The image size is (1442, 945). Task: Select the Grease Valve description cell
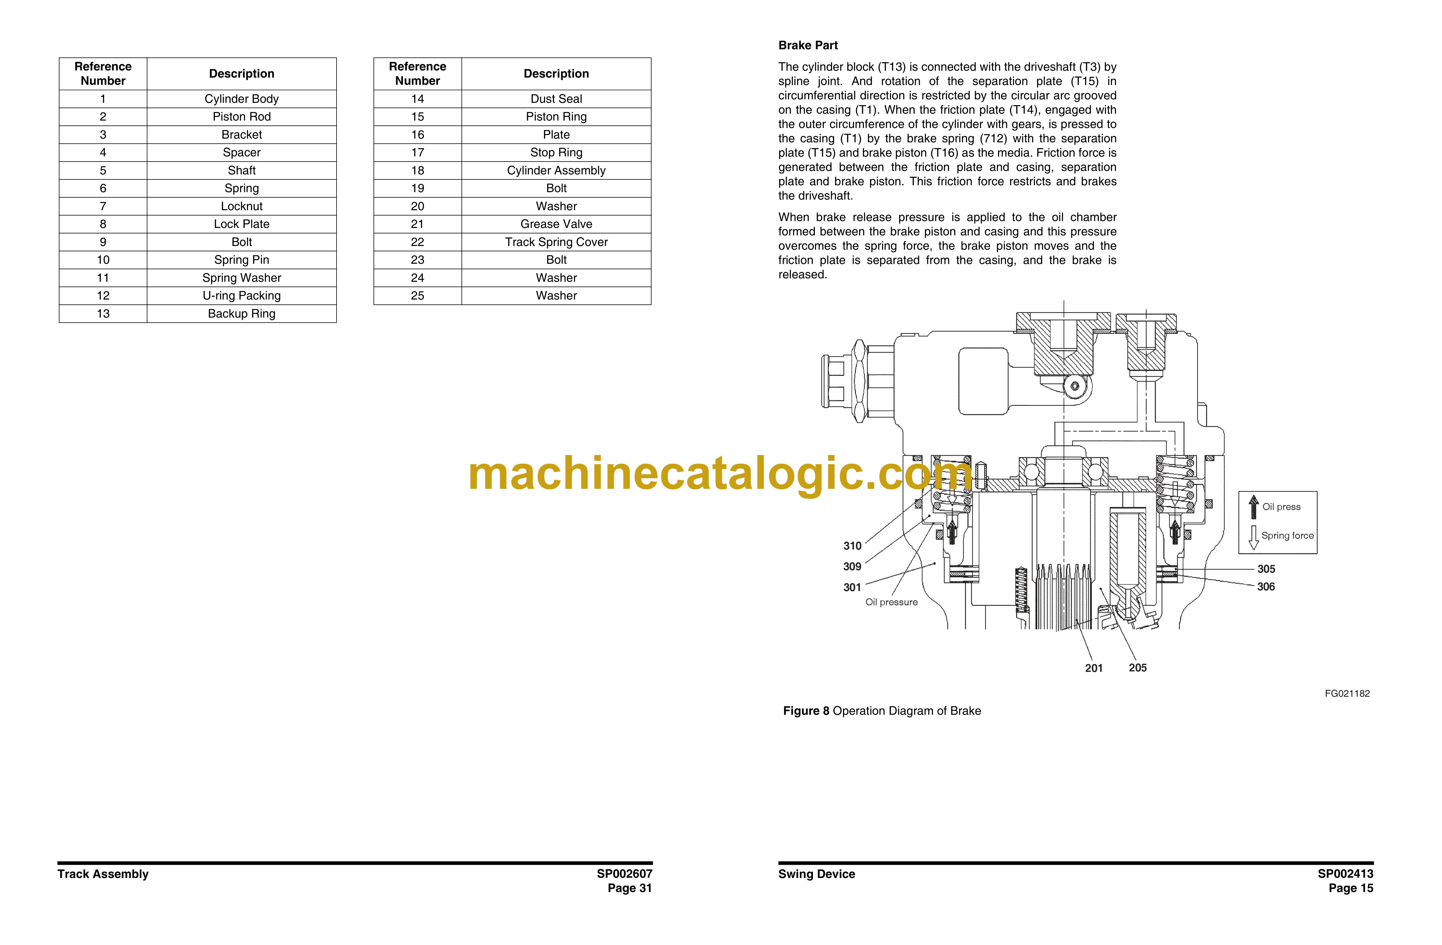(556, 224)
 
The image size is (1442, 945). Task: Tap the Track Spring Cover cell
(556, 242)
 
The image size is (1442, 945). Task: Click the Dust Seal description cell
(556, 99)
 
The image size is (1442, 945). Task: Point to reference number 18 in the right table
(417, 170)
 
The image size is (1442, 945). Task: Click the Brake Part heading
(808, 46)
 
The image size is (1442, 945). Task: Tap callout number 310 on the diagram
(852, 546)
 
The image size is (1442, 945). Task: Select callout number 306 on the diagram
(1266, 586)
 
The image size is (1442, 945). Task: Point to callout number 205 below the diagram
(1137, 668)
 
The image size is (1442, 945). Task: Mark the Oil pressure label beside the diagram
(891, 602)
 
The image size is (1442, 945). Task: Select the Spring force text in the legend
(1288, 535)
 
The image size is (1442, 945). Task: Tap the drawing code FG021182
(1347, 694)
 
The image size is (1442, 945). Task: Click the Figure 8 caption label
(806, 710)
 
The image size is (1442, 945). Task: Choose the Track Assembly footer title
(103, 874)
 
